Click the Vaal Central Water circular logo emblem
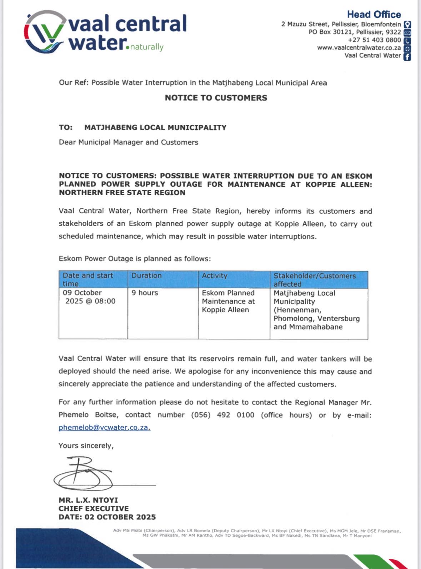click(45, 32)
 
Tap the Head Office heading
click(374, 15)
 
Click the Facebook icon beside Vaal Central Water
click(407, 56)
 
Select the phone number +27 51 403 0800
click(374, 40)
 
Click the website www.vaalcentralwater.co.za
click(359, 48)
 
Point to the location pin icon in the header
click(407, 25)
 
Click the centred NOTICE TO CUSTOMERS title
click(216, 98)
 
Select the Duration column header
click(146, 276)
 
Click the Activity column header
click(214, 276)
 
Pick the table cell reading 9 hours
click(145, 293)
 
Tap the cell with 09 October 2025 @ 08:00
click(89, 297)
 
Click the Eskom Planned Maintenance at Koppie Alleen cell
click(228, 301)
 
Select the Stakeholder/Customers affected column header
click(315, 280)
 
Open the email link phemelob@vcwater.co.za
click(104, 428)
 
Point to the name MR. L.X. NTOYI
click(88, 500)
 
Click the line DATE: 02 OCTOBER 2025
click(107, 517)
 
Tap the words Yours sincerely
click(86, 446)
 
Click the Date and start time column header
click(88, 280)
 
